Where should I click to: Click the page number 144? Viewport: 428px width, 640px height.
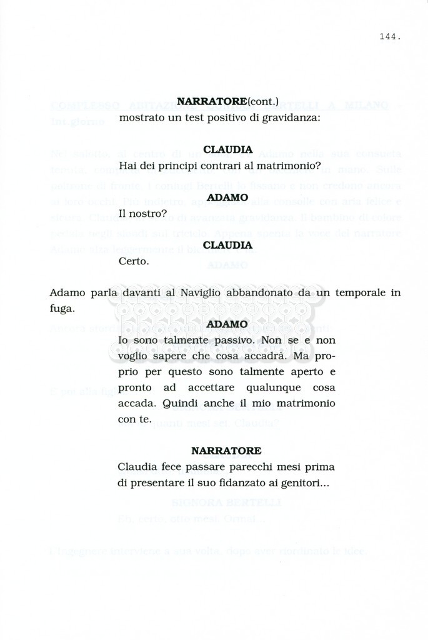tap(389, 37)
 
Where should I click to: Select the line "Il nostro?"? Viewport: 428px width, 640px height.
tap(142, 214)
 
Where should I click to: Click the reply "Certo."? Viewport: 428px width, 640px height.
tap(134, 261)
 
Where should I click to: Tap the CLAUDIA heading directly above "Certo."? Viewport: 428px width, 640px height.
tap(227, 246)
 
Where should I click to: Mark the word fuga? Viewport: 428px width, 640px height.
tap(62, 309)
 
